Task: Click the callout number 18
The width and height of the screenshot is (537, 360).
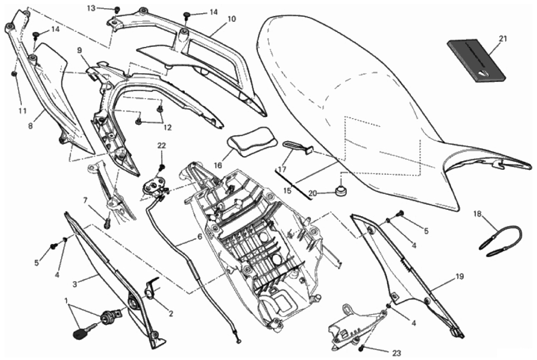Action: tap(477, 214)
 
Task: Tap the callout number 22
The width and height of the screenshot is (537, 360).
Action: tap(161, 146)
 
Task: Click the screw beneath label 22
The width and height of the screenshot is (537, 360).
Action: tap(162, 167)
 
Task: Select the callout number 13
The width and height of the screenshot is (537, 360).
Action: tap(91, 8)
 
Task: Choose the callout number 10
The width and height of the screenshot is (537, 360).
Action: tap(232, 19)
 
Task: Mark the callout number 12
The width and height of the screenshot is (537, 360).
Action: tap(167, 128)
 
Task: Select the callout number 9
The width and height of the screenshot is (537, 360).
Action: tap(80, 51)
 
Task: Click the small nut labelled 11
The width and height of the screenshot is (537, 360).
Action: tap(14, 74)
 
